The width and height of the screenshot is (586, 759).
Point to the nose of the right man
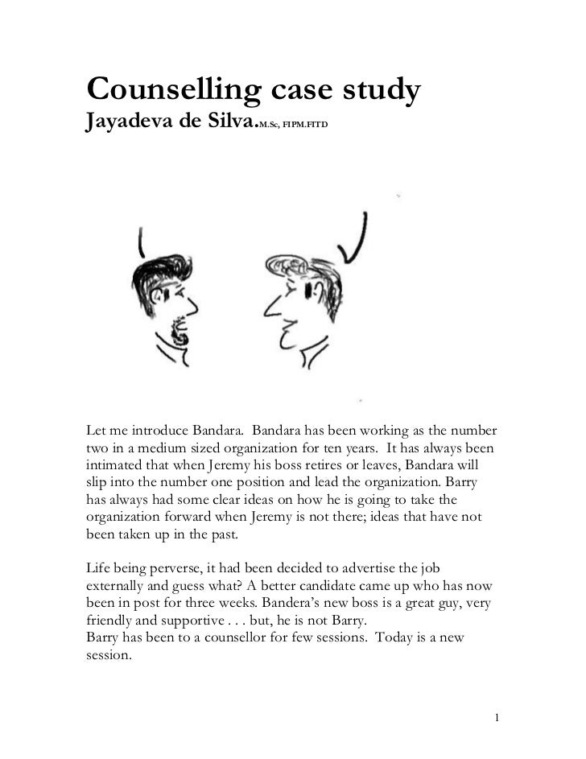pos(262,307)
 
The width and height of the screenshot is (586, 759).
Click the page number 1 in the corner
pos(498,716)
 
